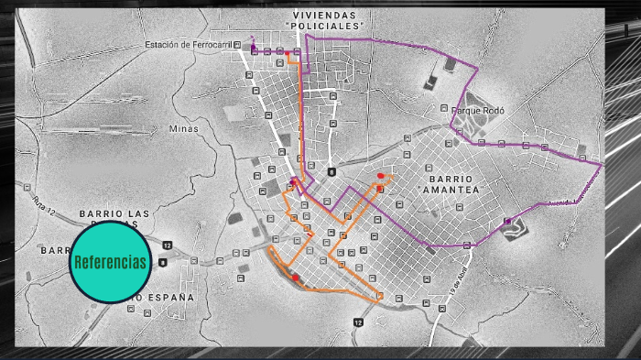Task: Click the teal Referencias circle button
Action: [x=110, y=263]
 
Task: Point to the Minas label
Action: [x=183, y=129]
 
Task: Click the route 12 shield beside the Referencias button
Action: [x=167, y=245]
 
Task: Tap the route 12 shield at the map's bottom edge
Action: [x=358, y=322]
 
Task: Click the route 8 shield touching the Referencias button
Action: [x=162, y=263]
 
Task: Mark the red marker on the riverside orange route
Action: [x=295, y=277]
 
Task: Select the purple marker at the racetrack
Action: [x=507, y=222]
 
